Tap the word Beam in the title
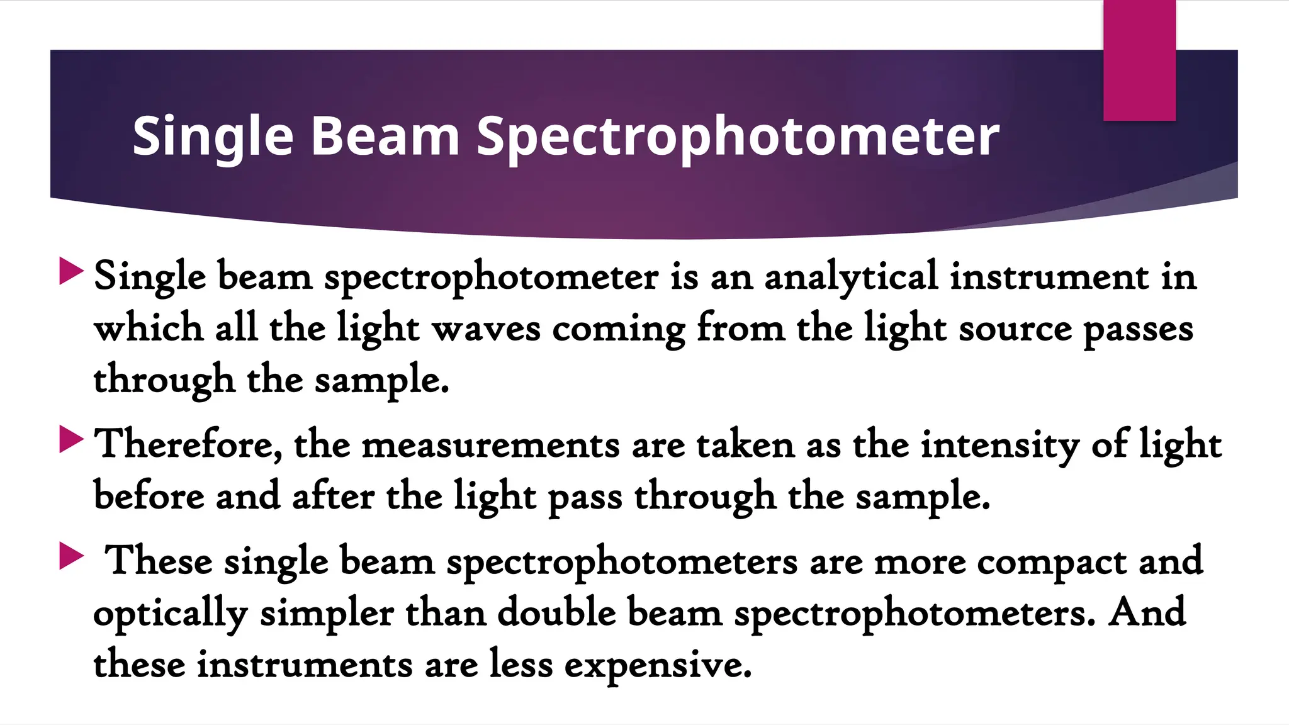point(385,137)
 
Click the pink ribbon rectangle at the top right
point(1139,60)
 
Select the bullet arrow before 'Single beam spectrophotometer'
point(71,271)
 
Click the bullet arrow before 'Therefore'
point(71,439)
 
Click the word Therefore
point(188,444)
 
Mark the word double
point(557,613)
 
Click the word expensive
point(657,666)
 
